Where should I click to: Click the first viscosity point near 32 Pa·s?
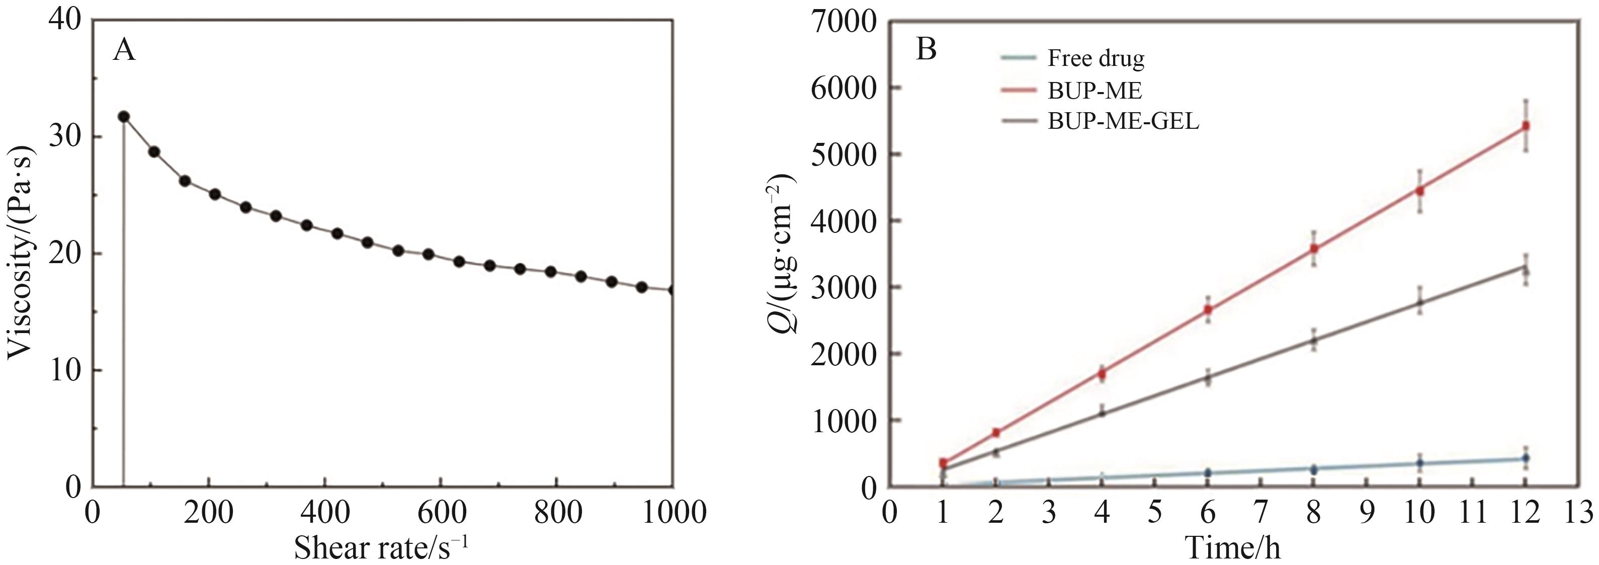coord(124,117)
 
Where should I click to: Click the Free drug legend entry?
coord(1095,58)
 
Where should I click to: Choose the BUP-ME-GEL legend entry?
coord(1122,122)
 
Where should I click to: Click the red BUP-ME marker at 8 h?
coord(1313,249)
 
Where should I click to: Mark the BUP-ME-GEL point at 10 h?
coord(1419,303)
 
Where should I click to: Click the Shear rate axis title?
coord(380,547)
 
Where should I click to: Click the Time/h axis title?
coord(1233,547)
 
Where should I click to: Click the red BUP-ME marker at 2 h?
coord(996,432)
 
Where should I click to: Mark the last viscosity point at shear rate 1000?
coord(671,290)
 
